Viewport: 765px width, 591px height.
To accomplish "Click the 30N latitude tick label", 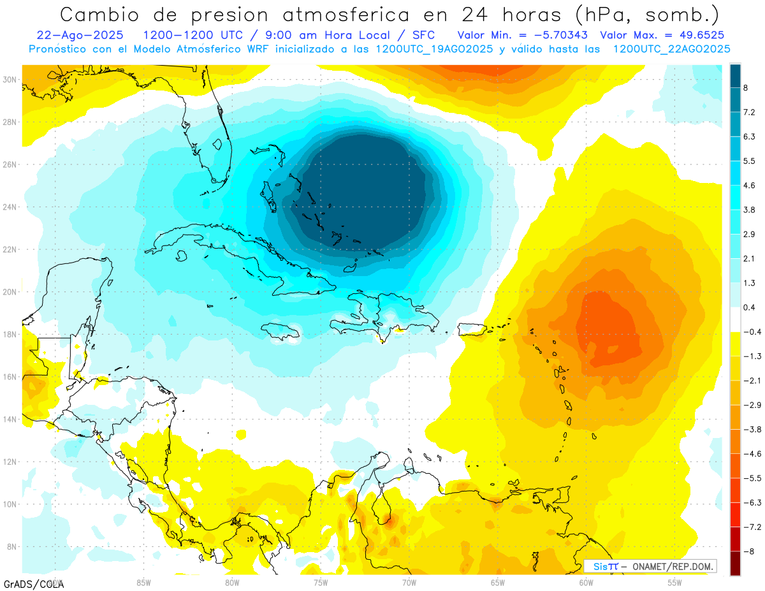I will pos(10,79).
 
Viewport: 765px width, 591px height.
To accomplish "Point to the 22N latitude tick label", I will pos(10,249).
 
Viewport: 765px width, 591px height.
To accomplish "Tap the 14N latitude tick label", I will pos(10,419).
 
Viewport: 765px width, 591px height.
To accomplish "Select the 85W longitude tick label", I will pos(143,581).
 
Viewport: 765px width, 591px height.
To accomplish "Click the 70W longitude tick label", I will pos(409,581).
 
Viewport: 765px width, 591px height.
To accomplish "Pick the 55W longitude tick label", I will pos(674,581).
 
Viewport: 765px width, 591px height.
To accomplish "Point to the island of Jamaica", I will pos(280,330).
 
